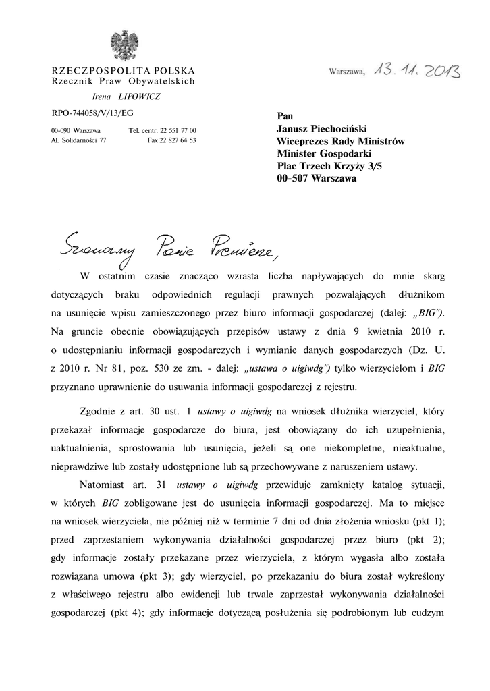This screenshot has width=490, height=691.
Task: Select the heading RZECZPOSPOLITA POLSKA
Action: [124, 71]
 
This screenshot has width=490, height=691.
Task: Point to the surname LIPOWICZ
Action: [139, 96]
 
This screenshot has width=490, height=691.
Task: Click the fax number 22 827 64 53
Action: [172, 140]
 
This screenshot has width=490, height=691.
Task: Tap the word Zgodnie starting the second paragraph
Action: [99, 411]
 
